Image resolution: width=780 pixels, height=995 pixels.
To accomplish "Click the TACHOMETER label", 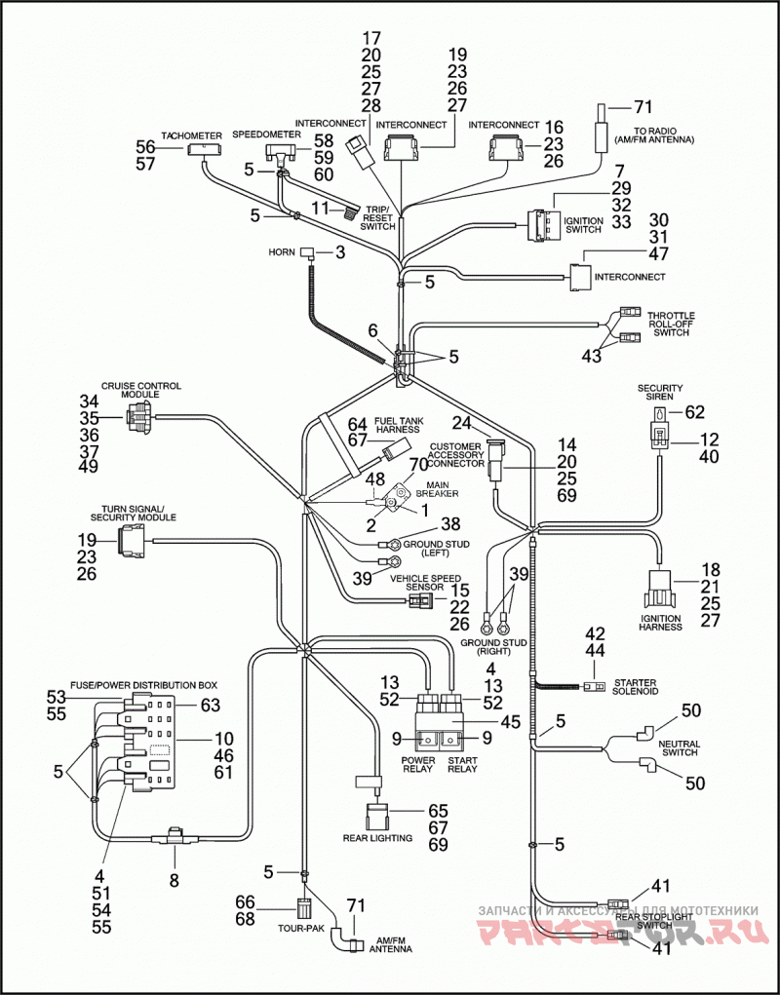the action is [x=191, y=135].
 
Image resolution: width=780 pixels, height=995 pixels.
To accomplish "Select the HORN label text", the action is [x=281, y=252].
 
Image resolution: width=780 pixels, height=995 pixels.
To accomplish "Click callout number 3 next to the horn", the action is [x=340, y=252].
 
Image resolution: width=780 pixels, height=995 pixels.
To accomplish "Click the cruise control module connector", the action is [x=138, y=417].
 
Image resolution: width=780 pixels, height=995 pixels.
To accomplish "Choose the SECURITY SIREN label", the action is [x=660, y=392].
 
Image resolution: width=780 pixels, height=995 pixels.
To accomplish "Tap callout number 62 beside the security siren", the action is [x=694, y=412].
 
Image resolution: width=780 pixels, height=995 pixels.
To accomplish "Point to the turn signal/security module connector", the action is [x=134, y=540].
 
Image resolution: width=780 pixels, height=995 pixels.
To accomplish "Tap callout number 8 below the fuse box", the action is [x=174, y=881].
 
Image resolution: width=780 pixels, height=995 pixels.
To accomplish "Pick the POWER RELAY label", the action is [x=417, y=765].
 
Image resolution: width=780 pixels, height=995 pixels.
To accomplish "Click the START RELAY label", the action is [x=462, y=765].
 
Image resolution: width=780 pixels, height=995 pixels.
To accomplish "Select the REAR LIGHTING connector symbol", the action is [x=377, y=815].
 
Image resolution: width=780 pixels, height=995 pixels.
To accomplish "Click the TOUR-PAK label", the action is [x=301, y=928].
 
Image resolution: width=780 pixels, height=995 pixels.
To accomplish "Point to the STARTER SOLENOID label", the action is [x=635, y=687].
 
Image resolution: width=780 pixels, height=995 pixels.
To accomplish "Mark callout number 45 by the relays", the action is [x=510, y=722].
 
